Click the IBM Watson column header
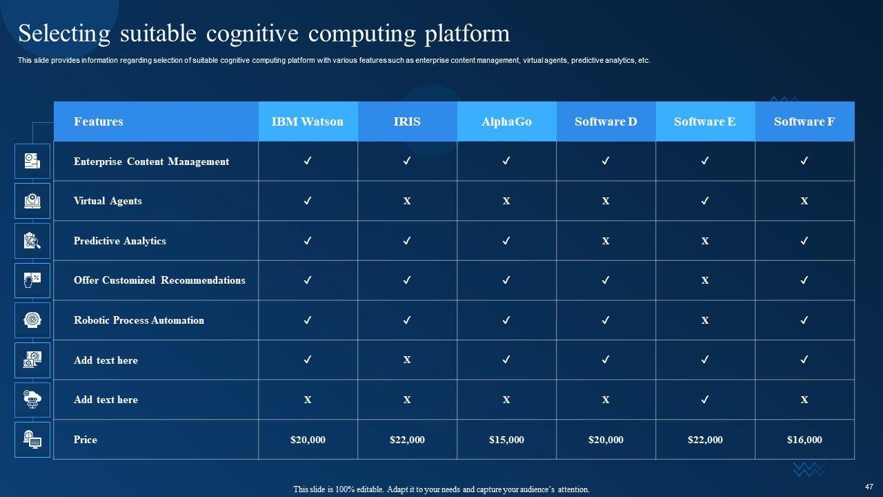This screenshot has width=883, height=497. point(307,121)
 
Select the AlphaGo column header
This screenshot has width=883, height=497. point(506,121)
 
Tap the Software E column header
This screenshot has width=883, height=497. point(704,121)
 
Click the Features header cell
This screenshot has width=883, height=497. point(99,121)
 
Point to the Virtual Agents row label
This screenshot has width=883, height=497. point(108,201)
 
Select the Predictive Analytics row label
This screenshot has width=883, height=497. point(119,241)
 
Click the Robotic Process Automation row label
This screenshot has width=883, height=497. point(139,320)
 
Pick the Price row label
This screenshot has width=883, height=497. point(86,440)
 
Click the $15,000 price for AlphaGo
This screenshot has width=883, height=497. point(506,440)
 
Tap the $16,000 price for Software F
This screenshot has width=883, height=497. point(804,440)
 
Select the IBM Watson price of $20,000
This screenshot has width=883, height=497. point(308,440)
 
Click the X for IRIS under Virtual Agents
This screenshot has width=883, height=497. point(407,201)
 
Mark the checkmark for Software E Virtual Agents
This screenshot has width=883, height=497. point(705,201)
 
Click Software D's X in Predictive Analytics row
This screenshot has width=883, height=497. point(606,241)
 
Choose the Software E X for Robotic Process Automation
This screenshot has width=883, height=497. point(705,320)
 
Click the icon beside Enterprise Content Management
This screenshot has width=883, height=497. point(32,161)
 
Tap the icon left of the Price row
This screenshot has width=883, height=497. point(32,440)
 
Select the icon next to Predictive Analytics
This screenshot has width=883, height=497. point(32,241)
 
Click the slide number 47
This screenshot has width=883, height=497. point(869,487)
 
